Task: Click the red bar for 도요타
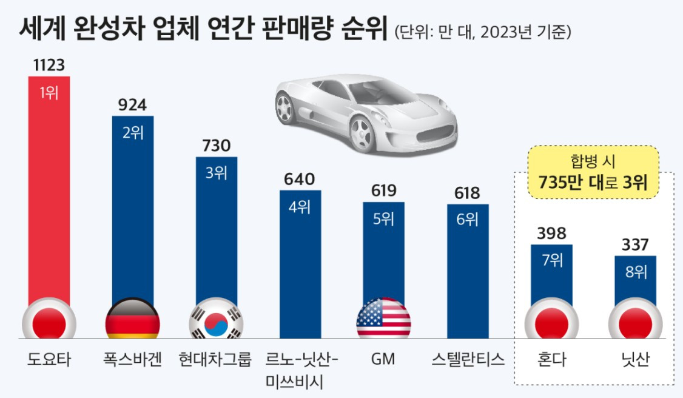tap(49, 194)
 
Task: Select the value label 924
tap(132, 106)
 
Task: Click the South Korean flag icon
tap(216, 319)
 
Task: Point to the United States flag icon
tap(383, 318)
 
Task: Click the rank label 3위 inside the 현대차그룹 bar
tap(216, 174)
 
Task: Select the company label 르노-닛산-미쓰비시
tap(300, 370)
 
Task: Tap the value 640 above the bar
tap(300, 180)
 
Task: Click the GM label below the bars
tap(383, 360)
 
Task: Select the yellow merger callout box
tap(593, 172)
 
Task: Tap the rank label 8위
tap(635, 272)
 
